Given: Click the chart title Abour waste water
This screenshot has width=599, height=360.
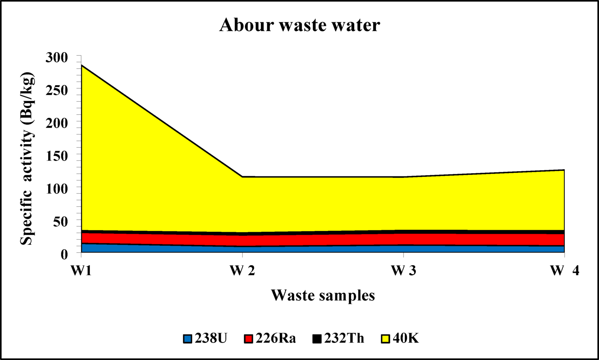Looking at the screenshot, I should coord(299,25).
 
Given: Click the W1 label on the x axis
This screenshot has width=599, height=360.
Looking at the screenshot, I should coord(82,271).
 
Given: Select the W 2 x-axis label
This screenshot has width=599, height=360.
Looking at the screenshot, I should coord(242,271).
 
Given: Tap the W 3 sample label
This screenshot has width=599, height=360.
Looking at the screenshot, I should coord(403,271).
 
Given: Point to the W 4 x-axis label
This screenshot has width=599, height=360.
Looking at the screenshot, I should coord(564,271).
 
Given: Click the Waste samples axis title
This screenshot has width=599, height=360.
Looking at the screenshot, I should coord(323,295).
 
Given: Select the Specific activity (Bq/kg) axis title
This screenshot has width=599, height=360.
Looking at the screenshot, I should coord(27,158).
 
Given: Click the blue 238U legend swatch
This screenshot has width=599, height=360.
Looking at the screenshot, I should coord(188,339).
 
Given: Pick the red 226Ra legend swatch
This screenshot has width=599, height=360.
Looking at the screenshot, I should coord(249,339).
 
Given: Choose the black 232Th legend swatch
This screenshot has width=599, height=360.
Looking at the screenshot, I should coord(317,339).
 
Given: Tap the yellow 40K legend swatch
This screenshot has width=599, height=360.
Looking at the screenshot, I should coord(386,339).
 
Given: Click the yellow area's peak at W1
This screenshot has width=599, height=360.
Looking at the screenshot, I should coord(82,65).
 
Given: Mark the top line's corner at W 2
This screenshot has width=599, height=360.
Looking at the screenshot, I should coord(242,177).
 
